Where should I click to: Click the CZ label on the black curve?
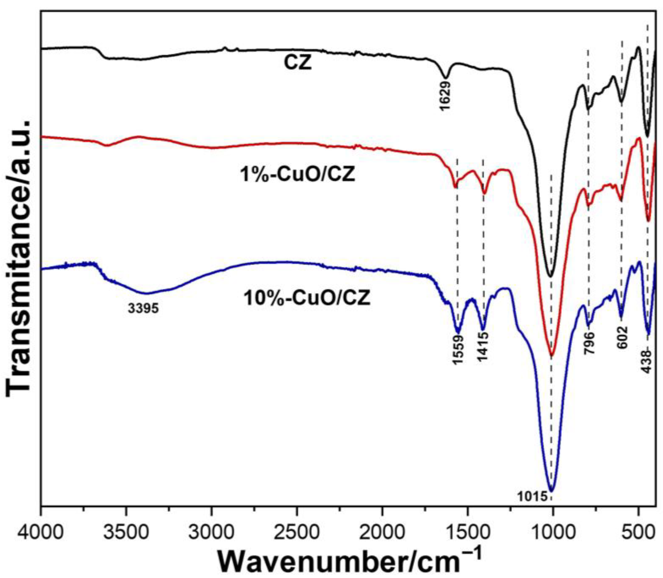(x=298, y=63)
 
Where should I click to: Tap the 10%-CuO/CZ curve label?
(x=307, y=298)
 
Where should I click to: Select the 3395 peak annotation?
(x=143, y=309)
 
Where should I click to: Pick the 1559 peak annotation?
(x=458, y=353)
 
